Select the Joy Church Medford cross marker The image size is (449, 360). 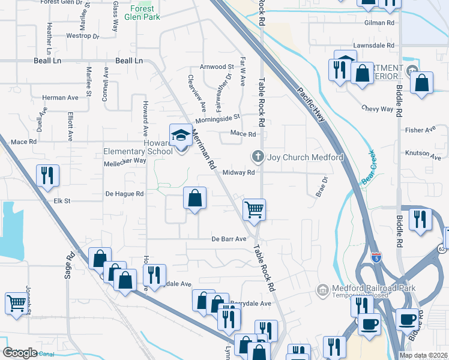click(258, 157)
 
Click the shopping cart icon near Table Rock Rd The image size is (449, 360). click(254, 209)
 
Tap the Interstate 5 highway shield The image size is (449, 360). click(376, 257)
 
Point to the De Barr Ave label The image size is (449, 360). click(229, 239)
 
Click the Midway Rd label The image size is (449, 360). click(239, 172)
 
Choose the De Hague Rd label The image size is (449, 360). click(125, 194)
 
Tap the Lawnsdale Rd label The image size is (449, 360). click(374, 46)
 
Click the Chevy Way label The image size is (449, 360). click(377, 109)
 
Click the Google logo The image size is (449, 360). click(20, 352)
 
